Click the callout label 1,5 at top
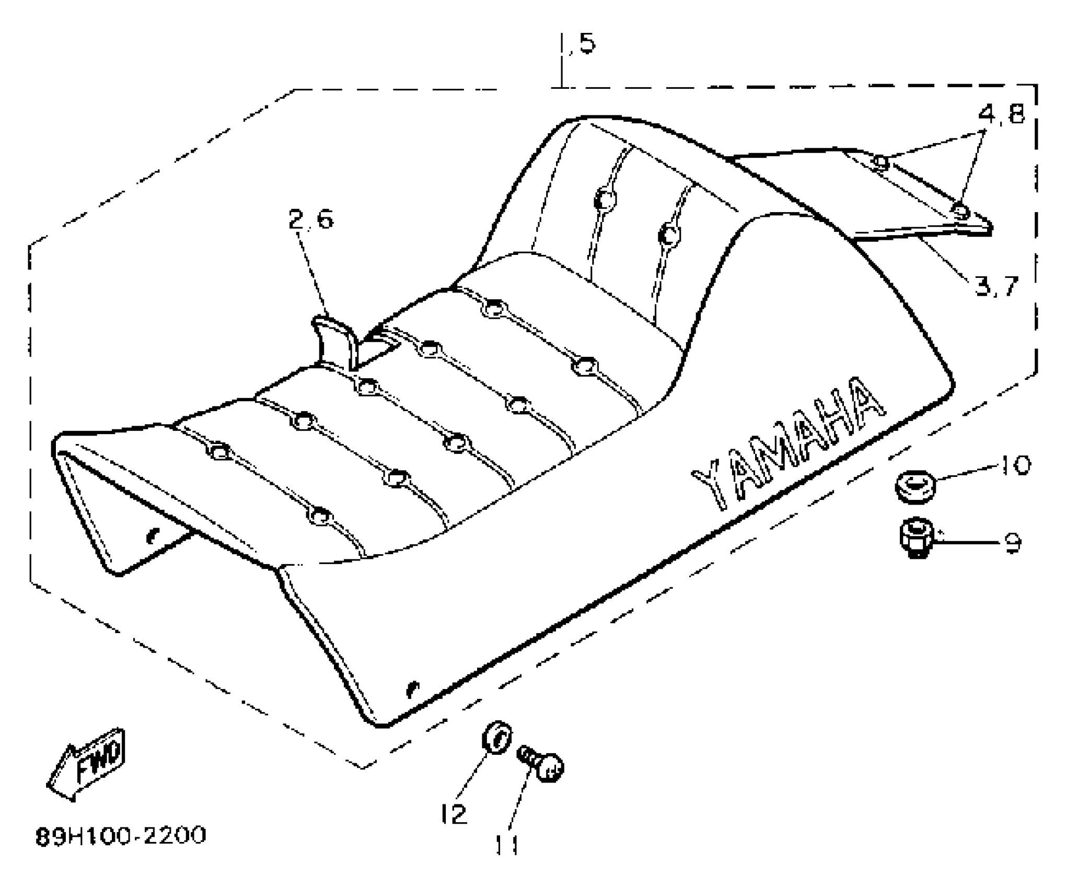click(578, 44)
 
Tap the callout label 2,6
click(311, 219)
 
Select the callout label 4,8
click(1001, 114)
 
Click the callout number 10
click(1015, 464)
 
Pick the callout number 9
click(1012, 543)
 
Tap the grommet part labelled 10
click(914, 486)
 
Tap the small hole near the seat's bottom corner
click(412, 690)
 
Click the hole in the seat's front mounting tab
click(152, 535)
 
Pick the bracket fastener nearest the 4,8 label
click(881, 163)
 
